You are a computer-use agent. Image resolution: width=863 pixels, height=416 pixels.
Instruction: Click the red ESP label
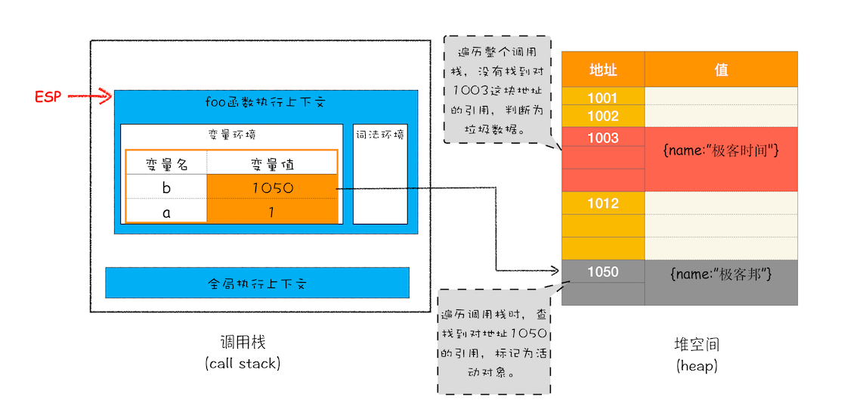47,97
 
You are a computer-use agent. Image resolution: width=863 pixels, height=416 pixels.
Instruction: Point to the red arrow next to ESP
89,97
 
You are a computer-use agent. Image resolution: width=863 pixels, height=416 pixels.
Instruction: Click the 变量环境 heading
231,135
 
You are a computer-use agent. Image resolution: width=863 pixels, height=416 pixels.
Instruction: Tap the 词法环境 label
379,135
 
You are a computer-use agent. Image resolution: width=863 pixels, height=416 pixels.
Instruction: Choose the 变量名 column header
166,163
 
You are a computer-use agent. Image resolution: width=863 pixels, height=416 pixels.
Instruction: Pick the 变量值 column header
272,163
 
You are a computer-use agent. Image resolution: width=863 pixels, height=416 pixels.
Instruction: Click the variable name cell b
166,188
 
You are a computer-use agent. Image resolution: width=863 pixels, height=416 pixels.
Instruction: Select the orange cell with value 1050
272,188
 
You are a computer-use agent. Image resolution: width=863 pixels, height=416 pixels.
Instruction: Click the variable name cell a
166,212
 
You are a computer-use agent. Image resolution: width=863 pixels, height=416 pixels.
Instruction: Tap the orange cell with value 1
272,212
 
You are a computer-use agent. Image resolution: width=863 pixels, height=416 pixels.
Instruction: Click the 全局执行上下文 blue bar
257,284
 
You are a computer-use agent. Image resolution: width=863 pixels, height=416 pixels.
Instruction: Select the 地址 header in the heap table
603,70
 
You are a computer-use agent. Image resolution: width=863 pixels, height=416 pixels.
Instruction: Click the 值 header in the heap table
721,70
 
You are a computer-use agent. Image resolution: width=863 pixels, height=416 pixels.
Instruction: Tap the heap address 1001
603,97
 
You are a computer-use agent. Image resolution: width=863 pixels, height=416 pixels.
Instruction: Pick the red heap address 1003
603,138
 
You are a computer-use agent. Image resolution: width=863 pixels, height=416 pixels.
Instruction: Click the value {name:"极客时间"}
721,151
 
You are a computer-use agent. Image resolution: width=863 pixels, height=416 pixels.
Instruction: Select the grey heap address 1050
603,272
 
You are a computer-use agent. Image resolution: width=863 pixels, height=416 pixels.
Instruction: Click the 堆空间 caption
696,345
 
